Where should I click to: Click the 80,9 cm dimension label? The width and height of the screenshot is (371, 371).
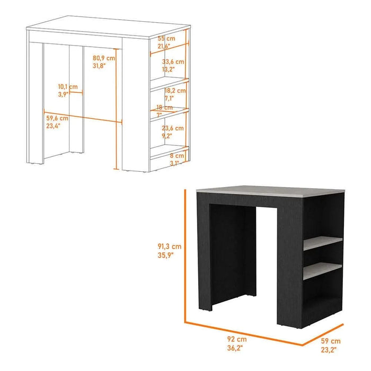click(104, 58)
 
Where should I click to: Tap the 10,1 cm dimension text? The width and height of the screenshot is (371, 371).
click(68, 86)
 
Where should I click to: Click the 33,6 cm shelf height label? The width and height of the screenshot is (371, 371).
click(172, 61)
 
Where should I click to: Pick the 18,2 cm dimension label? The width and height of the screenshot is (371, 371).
click(175, 91)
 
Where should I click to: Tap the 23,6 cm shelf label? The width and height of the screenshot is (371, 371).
click(172, 128)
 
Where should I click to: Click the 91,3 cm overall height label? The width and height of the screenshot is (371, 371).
click(170, 246)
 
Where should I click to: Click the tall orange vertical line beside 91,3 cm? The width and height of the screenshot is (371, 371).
click(184, 254)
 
